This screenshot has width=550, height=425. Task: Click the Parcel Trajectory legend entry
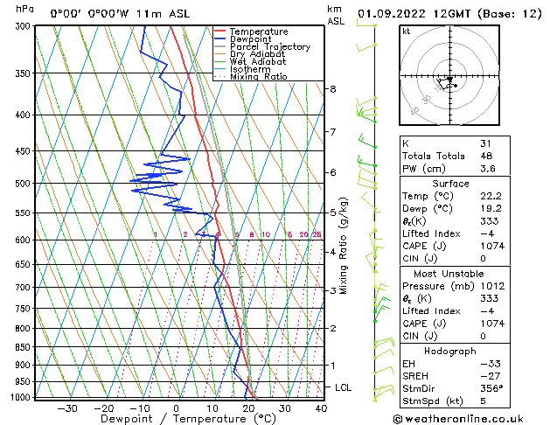point(269,46)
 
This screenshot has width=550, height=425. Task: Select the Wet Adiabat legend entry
point(259,62)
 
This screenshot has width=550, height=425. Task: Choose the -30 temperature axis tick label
point(67,408)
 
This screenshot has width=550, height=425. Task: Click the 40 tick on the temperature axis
point(321,408)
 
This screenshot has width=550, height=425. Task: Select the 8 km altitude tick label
point(333,89)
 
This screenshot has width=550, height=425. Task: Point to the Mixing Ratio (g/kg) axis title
point(345,246)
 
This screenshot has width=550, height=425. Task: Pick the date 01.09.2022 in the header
point(388,13)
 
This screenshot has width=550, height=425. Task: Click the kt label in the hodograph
point(407,31)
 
